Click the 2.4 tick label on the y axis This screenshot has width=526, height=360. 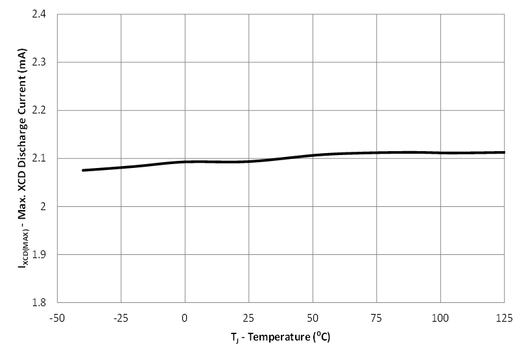coord(45,14)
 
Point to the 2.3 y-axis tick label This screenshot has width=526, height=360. coord(45,62)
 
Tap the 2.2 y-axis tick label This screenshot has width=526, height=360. coord(45,110)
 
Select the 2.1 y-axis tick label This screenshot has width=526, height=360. coord(45,158)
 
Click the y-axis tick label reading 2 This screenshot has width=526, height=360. coord(49,206)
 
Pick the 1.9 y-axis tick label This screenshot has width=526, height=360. coord(45,254)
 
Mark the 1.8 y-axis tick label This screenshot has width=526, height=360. coord(45,302)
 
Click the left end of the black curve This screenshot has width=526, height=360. coord(83,171)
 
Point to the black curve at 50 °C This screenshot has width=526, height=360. coord(313,156)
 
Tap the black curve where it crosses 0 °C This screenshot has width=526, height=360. coord(185,162)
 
